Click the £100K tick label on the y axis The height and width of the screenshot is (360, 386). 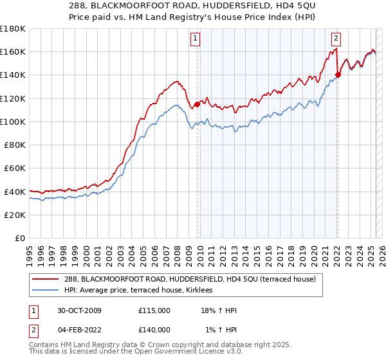13,122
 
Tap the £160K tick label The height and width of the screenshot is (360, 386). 13,51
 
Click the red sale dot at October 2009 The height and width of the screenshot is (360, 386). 198,104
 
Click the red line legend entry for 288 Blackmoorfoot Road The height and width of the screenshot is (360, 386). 189,280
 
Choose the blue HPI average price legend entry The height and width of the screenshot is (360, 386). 143,291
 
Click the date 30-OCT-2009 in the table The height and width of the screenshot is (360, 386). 78,310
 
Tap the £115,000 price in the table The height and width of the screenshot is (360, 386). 154,310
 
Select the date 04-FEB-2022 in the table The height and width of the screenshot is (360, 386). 78,329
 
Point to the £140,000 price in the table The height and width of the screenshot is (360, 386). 154,329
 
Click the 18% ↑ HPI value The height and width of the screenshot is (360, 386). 219,310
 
